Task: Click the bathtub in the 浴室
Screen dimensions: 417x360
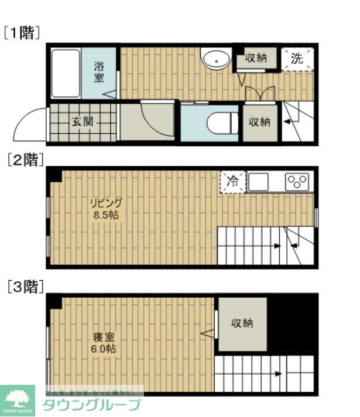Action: click(65, 73)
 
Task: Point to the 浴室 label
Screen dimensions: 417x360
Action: click(99, 72)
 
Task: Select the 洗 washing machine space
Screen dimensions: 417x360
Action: click(297, 58)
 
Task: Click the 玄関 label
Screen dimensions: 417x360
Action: click(82, 122)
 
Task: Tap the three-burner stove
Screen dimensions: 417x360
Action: click(299, 182)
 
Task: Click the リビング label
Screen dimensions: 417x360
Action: click(106, 203)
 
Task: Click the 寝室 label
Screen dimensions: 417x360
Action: click(104, 337)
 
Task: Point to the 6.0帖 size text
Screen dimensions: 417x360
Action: click(104, 349)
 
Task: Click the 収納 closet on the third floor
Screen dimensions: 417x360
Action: click(242, 323)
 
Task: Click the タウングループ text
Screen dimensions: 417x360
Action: click(92, 405)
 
